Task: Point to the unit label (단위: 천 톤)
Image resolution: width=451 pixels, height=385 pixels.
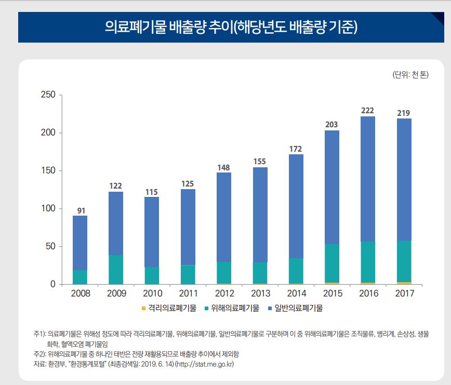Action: coord(410,75)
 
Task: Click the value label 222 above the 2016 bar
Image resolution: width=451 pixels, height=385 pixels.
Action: coord(368,110)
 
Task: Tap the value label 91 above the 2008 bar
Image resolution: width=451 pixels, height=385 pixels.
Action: coord(81,210)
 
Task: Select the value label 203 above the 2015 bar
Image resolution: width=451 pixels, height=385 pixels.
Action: coord(331,124)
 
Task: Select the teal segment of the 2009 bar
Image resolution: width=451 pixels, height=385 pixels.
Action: coord(116,269)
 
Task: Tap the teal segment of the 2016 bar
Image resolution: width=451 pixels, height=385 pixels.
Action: coord(368,262)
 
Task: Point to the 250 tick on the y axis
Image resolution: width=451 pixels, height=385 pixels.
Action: coord(48,95)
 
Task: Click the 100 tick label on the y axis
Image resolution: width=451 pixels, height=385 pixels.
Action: coord(48,208)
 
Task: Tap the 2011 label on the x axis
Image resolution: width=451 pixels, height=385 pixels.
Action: coord(188,294)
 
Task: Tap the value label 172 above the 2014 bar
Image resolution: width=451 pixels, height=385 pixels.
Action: coord(296,149)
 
